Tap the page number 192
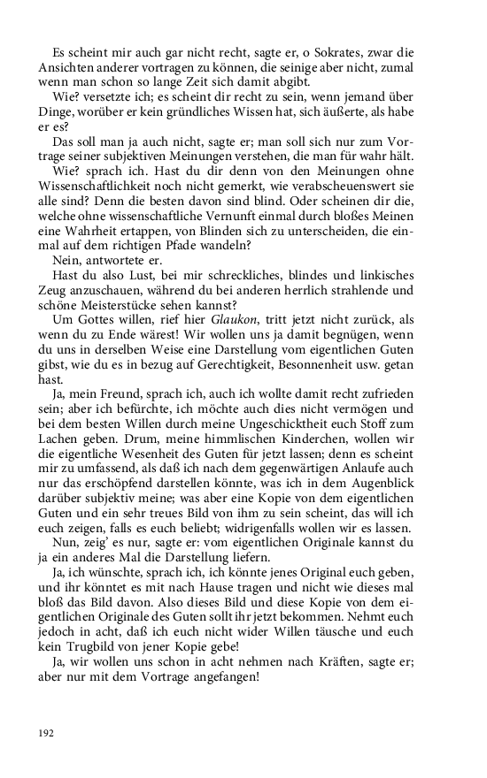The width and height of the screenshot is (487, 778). coord(47,732)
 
